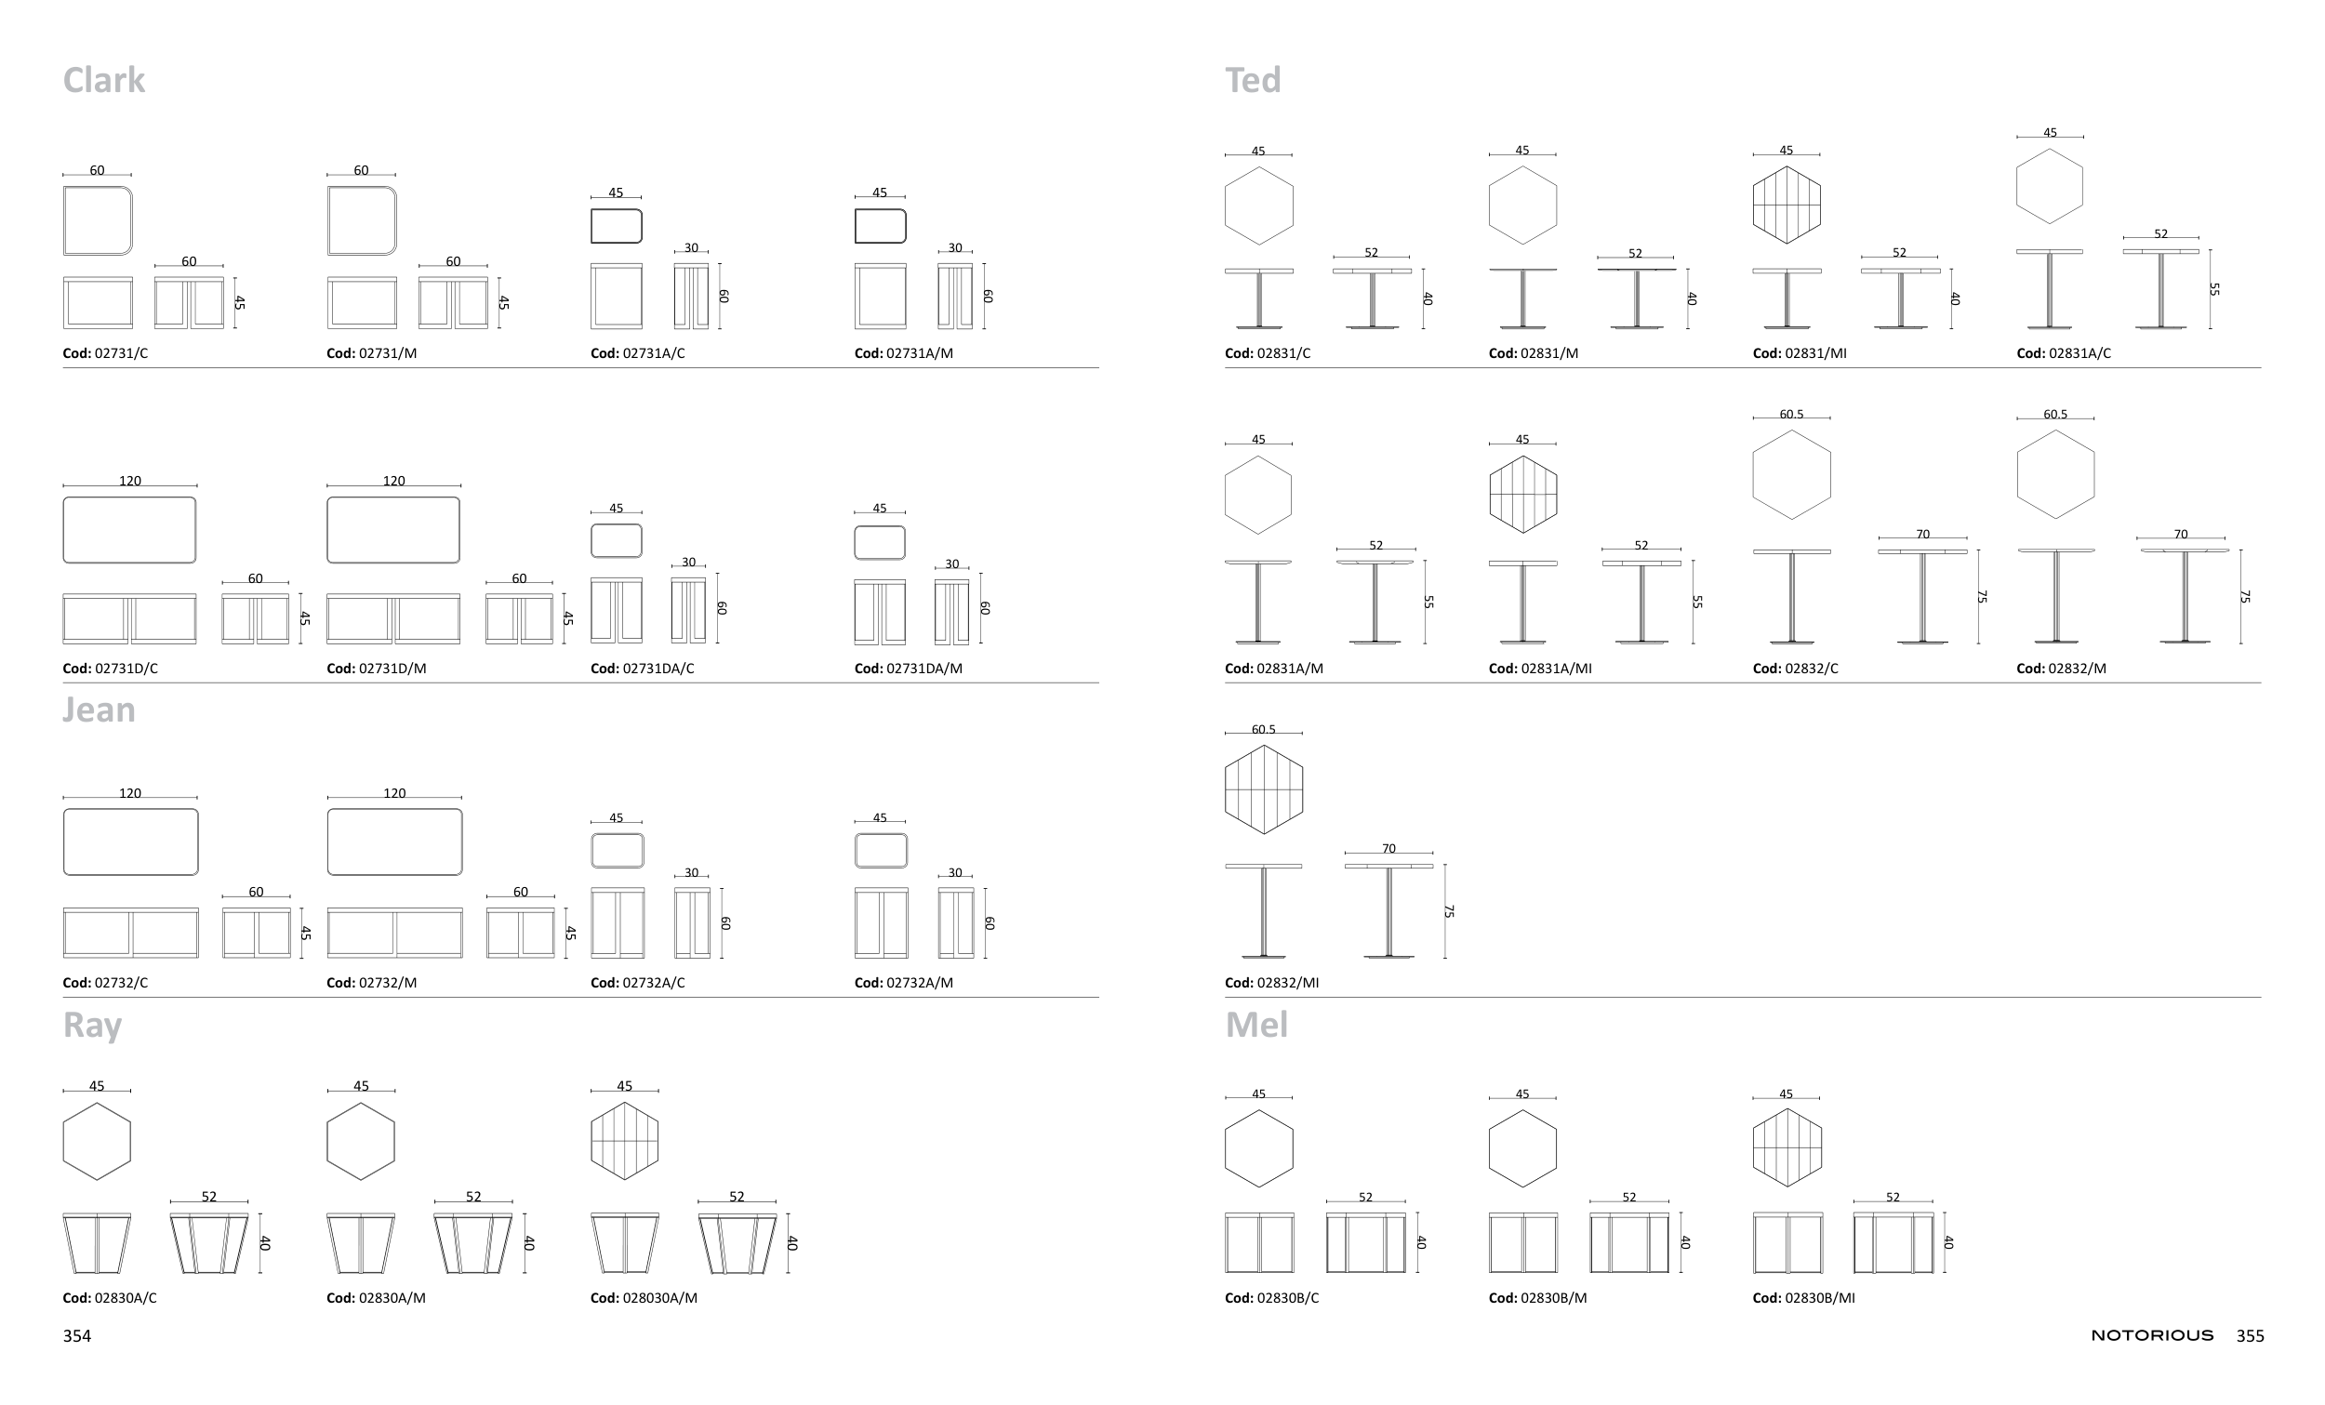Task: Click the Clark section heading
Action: (x=104, y=81)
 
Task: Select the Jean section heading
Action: (x=100, y=710)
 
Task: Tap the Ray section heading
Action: (x=92, y=1026)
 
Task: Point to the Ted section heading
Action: (x=1253, y=81)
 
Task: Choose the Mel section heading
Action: (x=1255, y=1026)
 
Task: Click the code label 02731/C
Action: (x=106, y=354)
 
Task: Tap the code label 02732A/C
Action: (x=638, y=983)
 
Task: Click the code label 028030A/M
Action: (x=644, y=1298)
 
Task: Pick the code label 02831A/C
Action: (x=2064, y=354)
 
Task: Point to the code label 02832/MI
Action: (x=1272, y=983)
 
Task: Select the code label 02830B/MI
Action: (x=1803, y=1298)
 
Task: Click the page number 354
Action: (x=77, y=1336)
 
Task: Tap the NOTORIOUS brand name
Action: (x=2151, y=1336)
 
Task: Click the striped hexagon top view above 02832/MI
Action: (x=1264, y=789)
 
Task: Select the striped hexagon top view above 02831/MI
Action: (x=1787, y=205)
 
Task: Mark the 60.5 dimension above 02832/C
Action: (x=1791, y=414)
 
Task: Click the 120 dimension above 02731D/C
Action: (x=130, y=482)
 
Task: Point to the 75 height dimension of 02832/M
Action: (x=2245, y=597)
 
